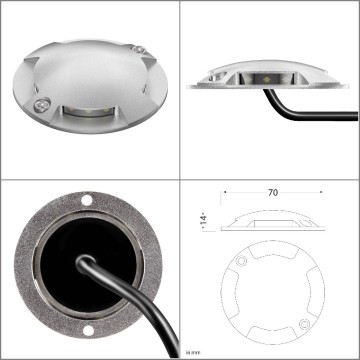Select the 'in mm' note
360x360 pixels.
193,352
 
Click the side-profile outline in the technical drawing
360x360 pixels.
270,221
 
